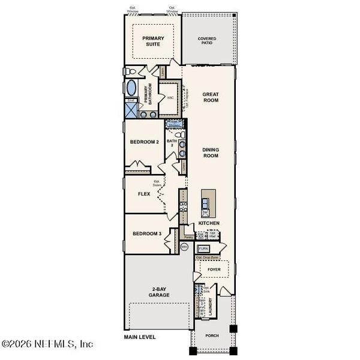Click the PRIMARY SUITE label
(153, 40)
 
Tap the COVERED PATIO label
(207, 41)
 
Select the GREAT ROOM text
(210, 97)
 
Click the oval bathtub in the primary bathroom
(131, 89)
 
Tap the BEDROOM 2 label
(144, 142)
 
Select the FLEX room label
(144, 194)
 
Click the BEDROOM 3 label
(146, 233)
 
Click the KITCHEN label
(209, 223)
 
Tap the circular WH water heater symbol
(184, 246)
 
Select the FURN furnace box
(203, 248)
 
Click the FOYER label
(213, 270)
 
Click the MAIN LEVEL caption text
(140, 337)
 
